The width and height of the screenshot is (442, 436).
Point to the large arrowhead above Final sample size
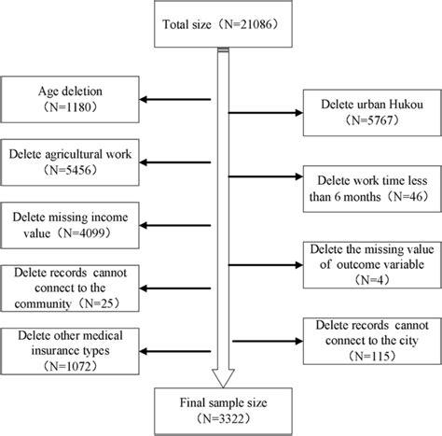point(221,374)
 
